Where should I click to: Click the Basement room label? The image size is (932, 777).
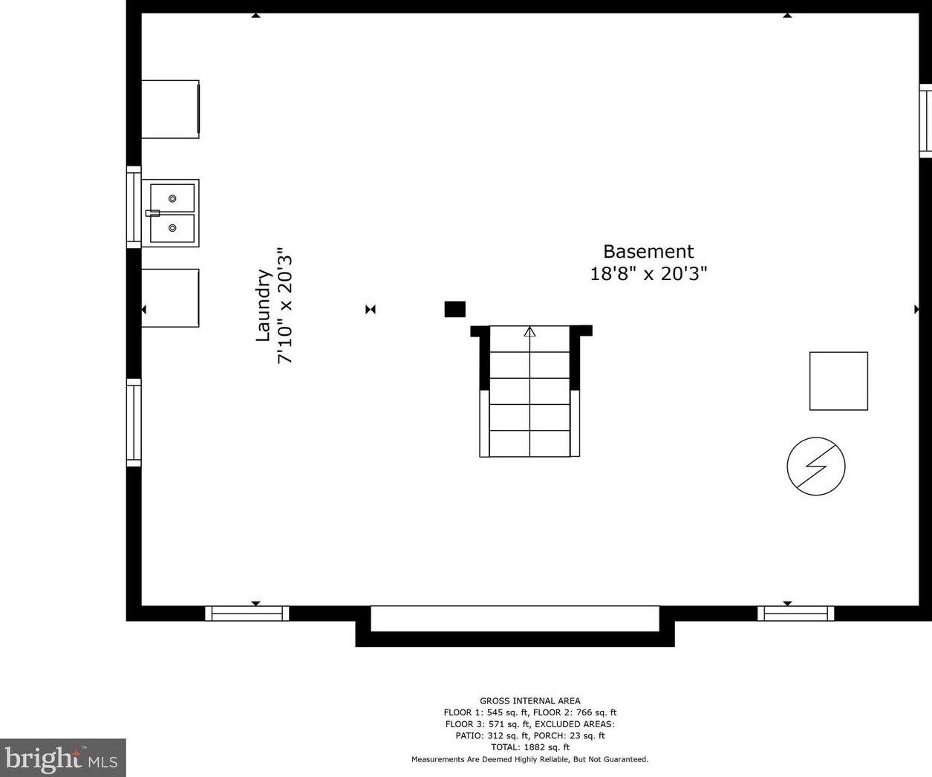(648, 252)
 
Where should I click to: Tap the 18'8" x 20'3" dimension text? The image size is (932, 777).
(648, 274)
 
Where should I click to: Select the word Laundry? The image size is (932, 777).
(263, 305)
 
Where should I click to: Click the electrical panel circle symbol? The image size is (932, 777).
(816, 466)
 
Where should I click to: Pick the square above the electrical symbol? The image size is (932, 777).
(838, 381)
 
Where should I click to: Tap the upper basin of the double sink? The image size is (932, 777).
(172, 198)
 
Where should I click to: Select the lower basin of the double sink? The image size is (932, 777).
(172, 228)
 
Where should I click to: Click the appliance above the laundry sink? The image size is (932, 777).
(170, 109)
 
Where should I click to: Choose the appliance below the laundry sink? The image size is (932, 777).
(170, 298)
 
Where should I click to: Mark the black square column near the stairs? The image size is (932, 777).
(454, 309)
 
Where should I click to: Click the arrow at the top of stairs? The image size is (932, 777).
(529, 332)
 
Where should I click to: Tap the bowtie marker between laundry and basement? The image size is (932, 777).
(371, 309)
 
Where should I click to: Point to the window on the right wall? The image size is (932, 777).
(925, 121)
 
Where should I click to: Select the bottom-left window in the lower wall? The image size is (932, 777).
(247, 614)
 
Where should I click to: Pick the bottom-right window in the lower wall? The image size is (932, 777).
(795, 614)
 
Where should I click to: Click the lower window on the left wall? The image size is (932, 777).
(134, 423)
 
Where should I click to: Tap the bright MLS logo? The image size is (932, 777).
(62, 758)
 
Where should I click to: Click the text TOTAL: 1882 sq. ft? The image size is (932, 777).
(529, 747)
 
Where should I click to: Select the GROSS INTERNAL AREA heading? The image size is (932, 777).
(529, 700)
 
